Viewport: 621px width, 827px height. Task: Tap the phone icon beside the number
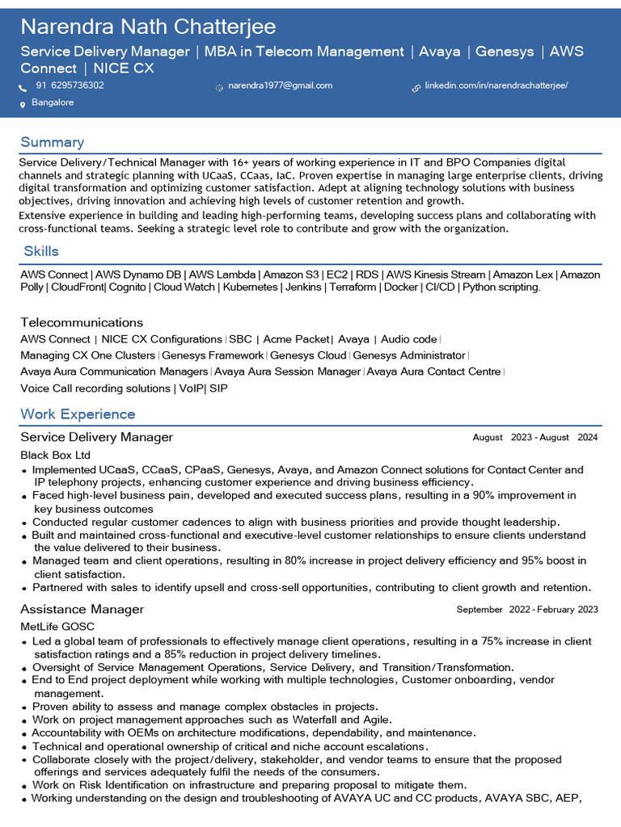[23, 86]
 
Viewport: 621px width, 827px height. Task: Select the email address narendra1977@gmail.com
[280, 86]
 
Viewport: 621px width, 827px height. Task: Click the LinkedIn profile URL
[496, 86]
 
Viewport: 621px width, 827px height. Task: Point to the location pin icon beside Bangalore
[23, 104]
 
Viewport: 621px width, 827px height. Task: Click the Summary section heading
[52, 142]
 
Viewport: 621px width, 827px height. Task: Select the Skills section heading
[41, 251]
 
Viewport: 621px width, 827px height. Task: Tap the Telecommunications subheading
[82, 322]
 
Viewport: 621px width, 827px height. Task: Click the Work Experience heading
[78, 414]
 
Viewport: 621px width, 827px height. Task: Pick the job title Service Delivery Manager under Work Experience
[96, 437]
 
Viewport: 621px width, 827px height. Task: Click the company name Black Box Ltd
[55, 455]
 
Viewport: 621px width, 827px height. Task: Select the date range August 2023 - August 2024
[534, 438]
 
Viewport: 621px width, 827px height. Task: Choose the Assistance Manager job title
[82, 609]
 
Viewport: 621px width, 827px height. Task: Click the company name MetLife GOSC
[57, 627]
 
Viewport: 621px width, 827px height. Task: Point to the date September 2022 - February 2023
[526, 610]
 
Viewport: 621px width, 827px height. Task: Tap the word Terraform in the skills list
[353, 288]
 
